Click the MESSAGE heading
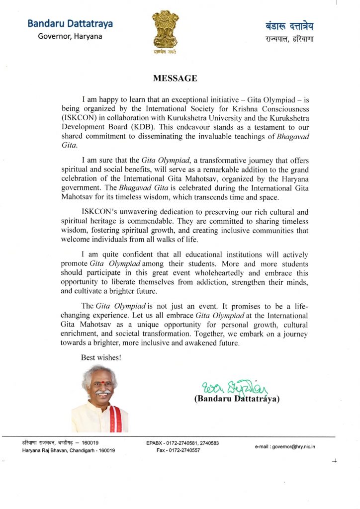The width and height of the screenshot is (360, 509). tap(175, 78)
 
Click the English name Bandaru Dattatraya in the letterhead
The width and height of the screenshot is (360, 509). tap(70, 23)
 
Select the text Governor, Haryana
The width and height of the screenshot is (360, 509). tap(70, 36)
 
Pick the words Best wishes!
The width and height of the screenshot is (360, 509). tap(101, 356)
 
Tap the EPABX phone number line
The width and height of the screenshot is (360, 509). tap(182, 442)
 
